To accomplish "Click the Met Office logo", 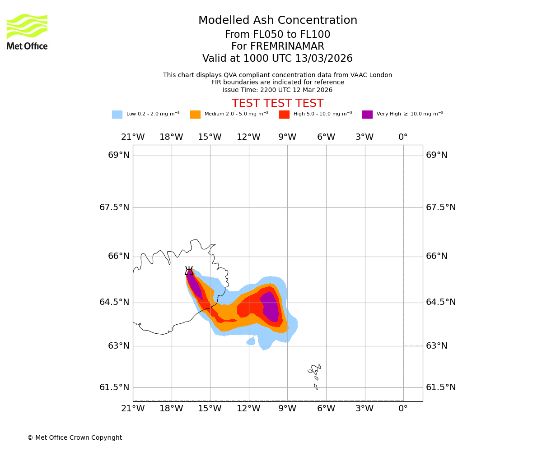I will [x=27, y=32].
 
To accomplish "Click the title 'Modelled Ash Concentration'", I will [x=277, y=21].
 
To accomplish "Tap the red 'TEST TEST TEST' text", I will [x=277, y=104].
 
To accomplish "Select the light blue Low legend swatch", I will [x=117, y=115].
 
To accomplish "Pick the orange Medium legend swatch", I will [x=195, y=115].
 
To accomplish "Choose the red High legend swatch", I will [x=284, y=115].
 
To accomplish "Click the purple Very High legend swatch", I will [x=367, y=115].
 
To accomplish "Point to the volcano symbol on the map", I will [x=189, y=271].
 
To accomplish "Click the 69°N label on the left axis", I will [x=119, y=155].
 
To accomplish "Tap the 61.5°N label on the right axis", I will [x=440, y=387].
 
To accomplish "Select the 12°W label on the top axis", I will [x=248, y=137].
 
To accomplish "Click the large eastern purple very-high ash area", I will [x=270, y=307].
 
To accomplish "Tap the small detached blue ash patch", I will [x=251, y=341].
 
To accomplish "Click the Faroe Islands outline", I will [x=315, y=372].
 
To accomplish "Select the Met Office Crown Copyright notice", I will [x=75, y=438].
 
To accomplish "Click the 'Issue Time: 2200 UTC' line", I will [x=277, y=90].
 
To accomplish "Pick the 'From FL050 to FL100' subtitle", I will [x=277, y=35].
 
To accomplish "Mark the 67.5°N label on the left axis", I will [x=114, y=207].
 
